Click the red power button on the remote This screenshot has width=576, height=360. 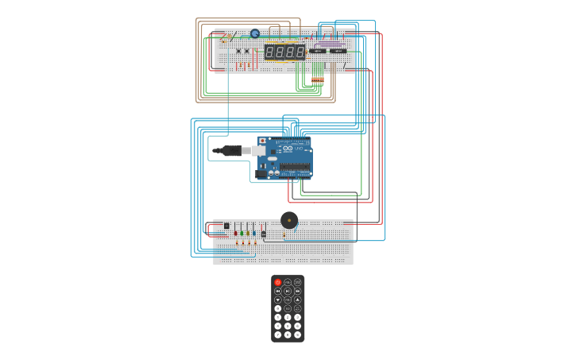pyautogui.click(x=277, y=282)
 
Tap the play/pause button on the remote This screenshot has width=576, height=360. pyautogui.click(x=288, y=291)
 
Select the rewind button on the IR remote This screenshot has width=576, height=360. pyautogui.click(x=277, y=291)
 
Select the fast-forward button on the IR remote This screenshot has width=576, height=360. pyautogui.click(x=298, y=291)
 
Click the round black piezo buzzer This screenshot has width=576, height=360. pyautogui.click(x=289, y=220)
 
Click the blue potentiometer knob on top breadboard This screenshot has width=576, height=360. pyautogui.click(x=255, y=33)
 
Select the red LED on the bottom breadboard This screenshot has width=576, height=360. pyautogui.click(x=235, y=233)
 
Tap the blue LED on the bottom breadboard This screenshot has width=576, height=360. pyautogui.click(x=254, y=233)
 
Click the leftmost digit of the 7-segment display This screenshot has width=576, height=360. pyautogui.click(x=270, y=52)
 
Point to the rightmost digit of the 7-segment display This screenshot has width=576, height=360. pyautogui.click(x=300, y=52)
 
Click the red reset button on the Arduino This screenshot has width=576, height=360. pyautogui.click(x=263, y=141)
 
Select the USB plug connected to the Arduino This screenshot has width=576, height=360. pyautogui.click(x=230, y=150)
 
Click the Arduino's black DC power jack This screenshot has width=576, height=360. pyautogui.click(x=262, y=171)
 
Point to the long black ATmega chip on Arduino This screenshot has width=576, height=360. pyautogui.click(x=294, y=168)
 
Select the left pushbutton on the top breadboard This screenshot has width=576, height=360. pyautogui.click(x=238, y=51)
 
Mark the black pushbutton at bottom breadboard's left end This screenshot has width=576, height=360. pyautogui.click(x=226, y=226)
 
